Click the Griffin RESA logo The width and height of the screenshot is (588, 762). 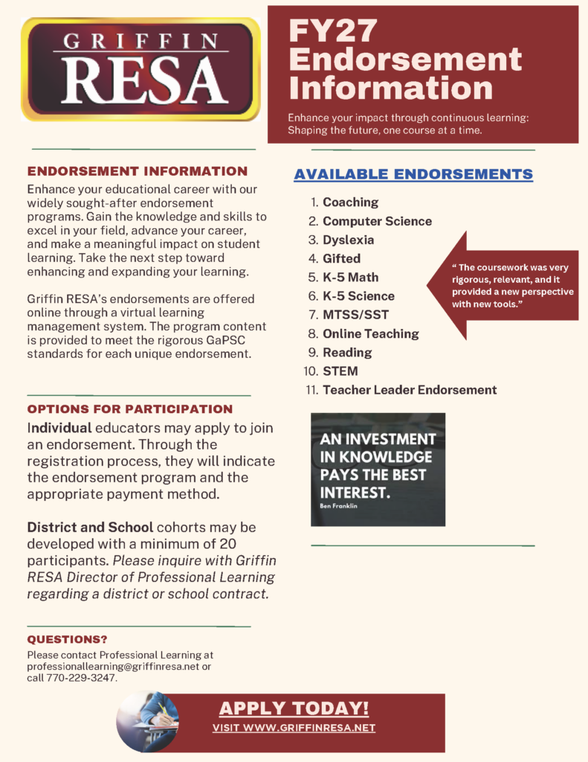pyautogui.click(x=140, y=69)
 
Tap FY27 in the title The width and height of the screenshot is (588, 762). pyautogui.click(x=333, y=31)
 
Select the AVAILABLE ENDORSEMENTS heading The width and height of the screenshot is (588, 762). pyautogui.click(x=413, y=174)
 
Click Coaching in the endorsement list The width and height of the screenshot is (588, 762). pyautogui.click(x=350, y=202)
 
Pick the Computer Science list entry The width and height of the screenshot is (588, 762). pyautogui.click(x=377, y=221)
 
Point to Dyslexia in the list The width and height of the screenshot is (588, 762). pyautogui.click(x=348, y=240)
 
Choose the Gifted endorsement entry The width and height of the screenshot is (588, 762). pyautogui.click(x=341, y=258)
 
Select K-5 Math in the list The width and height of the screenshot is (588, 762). pyautogui.click(x=350, y=277)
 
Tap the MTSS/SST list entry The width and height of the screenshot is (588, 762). pyautogui.click(x=355, y=315)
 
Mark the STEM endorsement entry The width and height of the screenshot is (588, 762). pyautogui.click(x=340, y=371)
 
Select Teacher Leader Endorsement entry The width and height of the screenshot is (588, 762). pyautogui.click(x=409, y=390)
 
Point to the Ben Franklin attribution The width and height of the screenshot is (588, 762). pyautogui.click(x=338, y=505)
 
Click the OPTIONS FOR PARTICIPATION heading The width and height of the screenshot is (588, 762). pyautogui.click(x=130, y=409)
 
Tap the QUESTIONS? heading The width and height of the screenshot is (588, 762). pyautogui.click(x=67, y=640)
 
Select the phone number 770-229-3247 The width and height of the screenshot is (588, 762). pyautogui.click(x=83, y=679)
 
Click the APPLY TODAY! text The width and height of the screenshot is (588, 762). pyautogui.click(x=294, y=708)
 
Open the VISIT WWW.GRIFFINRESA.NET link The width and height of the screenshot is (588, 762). pyautogui.click(x=294, y=728)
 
